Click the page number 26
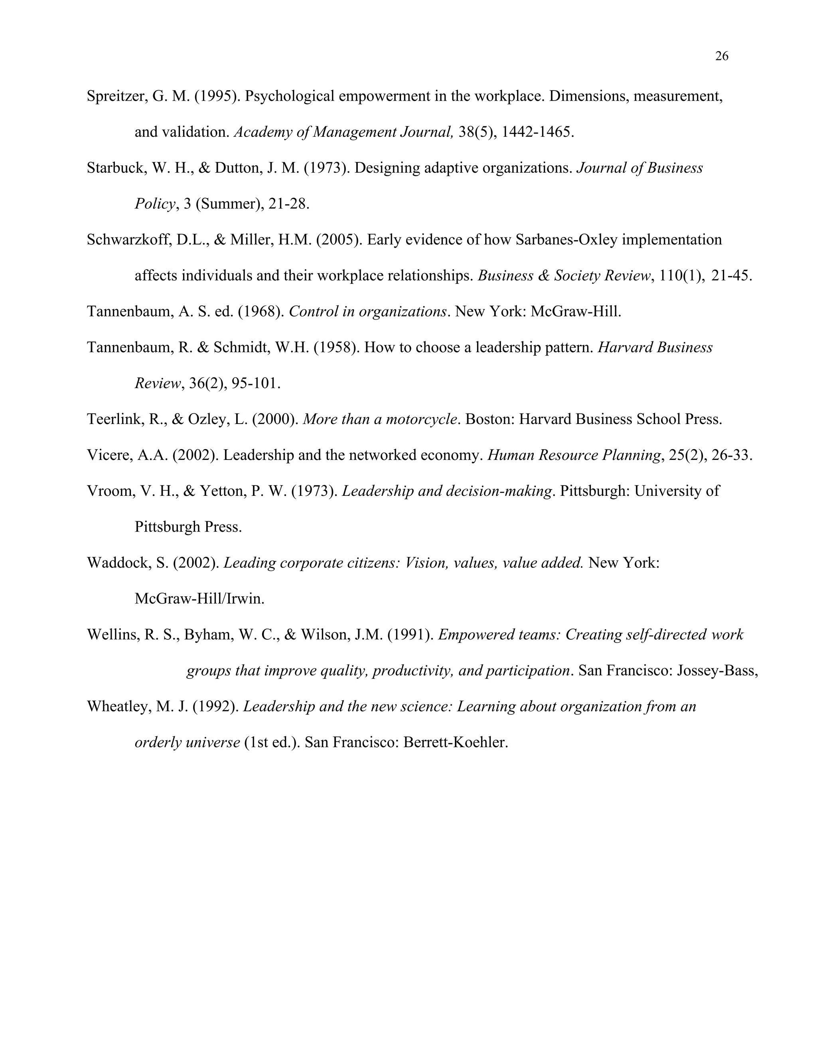(721, 57)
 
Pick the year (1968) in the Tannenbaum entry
(260, 311)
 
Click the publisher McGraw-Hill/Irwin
(199, 599)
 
